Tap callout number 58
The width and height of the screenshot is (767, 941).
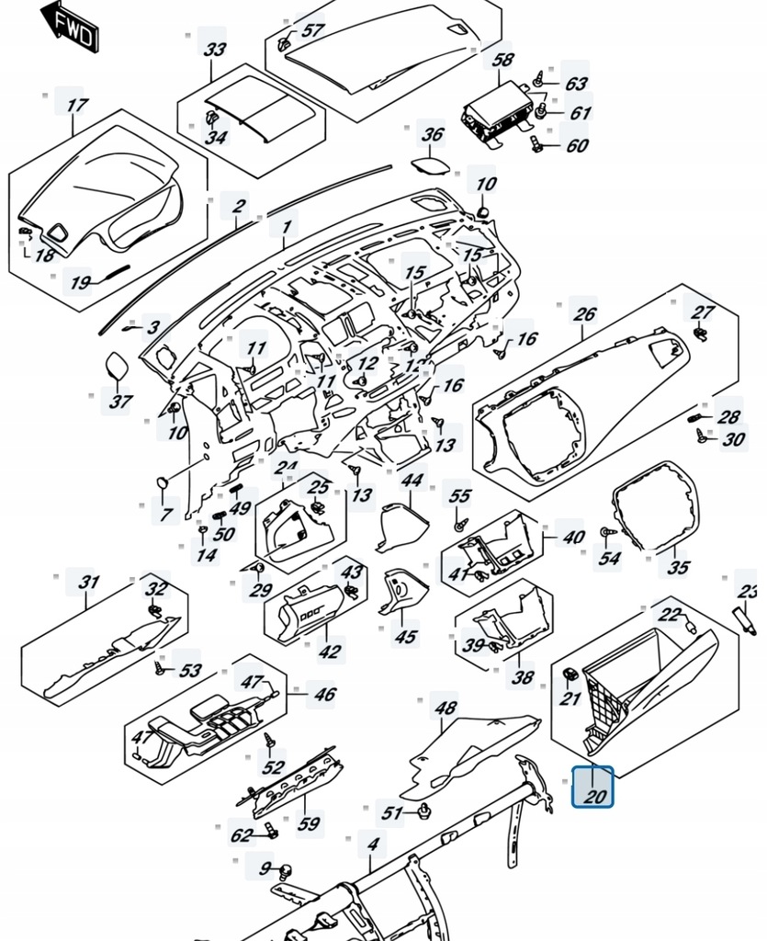click(x=502, y=60)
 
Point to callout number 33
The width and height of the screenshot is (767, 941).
click(x=214, y=49)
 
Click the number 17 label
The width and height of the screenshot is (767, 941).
click(x=75, y=105)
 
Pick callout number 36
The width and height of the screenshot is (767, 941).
click(x=432, y=135)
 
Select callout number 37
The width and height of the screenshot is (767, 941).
click(x=121, y=401)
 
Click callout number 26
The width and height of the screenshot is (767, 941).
click(x=585, y=313)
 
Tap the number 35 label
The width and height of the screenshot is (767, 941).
click(x=677, y=567)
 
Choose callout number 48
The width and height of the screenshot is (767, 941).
click(x=446, y=709)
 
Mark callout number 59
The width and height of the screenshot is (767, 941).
click(x=310, y=823)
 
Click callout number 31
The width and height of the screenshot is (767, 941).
click(x=88, y=582)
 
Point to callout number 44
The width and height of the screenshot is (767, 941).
click(x=412, y=481)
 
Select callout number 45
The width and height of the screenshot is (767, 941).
click(x=405, y=636)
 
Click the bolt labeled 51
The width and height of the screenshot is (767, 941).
click(x=425, y=810)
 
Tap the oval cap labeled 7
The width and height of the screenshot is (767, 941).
click(x=163, y=481)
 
